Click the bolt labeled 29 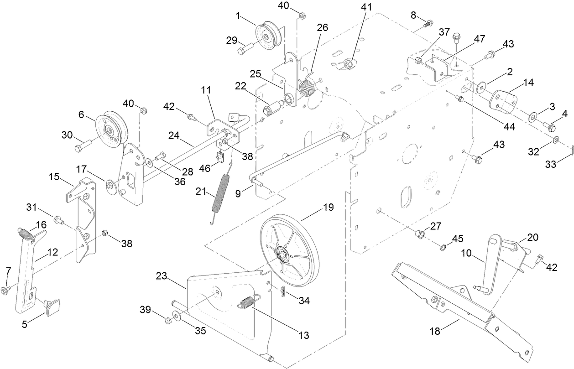tap(245, 47)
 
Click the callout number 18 tap(435, 332)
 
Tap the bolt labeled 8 tap(428, 23)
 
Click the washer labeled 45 tap(443, 247)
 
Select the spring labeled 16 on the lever tap(26, 233)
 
